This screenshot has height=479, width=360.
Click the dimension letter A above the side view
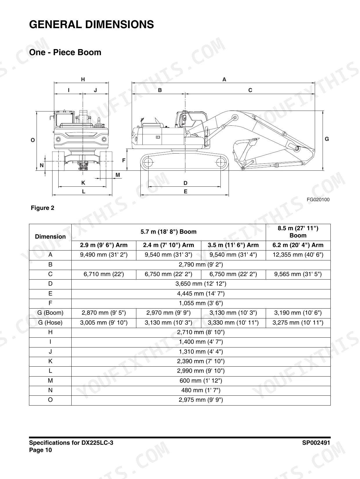[224, 80]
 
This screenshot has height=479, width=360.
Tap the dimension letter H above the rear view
[83, 80]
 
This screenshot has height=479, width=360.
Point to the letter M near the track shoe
[118, 175]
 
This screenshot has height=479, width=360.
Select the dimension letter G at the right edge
[327, 139]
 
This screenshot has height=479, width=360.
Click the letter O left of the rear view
[33, 140]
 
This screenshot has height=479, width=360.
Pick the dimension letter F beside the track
[124, 161]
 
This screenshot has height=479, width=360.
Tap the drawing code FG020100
[318, 199]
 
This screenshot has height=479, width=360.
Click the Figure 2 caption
[43, 208]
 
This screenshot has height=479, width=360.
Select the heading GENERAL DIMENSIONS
[92, 24]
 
